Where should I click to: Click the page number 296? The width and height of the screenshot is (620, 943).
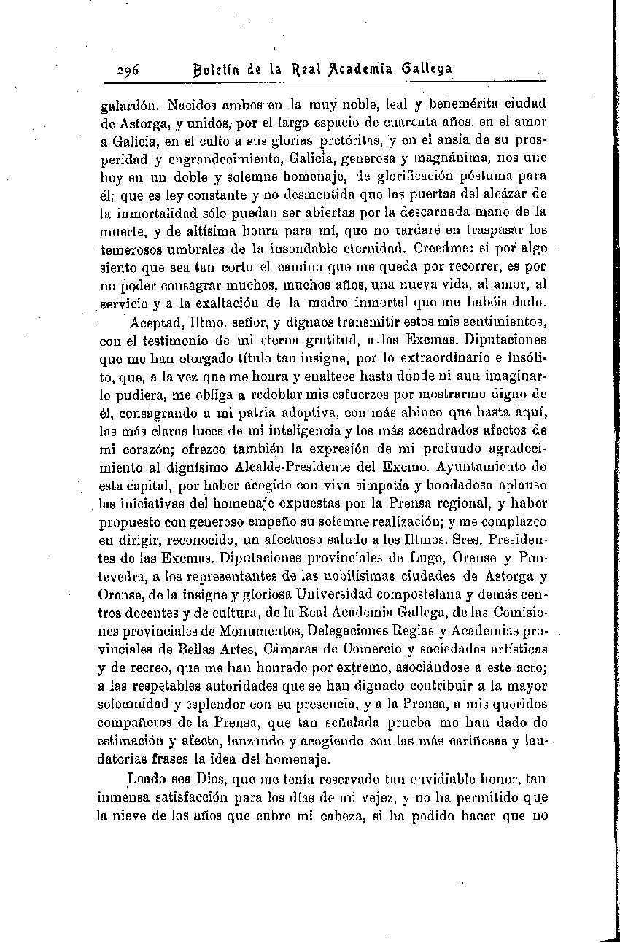131,71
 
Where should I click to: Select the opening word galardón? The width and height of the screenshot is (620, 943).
125,104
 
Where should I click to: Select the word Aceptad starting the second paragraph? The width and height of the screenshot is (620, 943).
155,322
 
